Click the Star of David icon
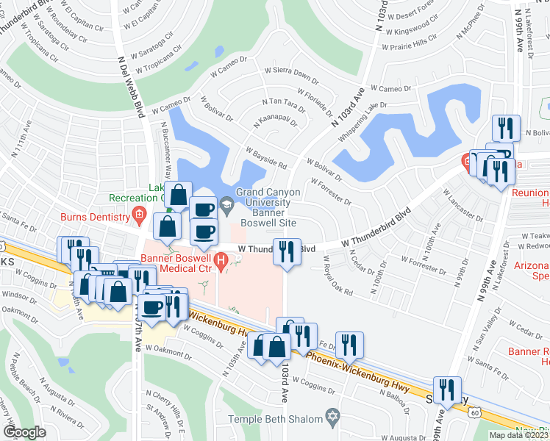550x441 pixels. (332, 418)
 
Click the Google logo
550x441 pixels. (25, 432)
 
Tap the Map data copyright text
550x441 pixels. (518, 435)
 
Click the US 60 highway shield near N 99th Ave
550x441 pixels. (473, 415)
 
